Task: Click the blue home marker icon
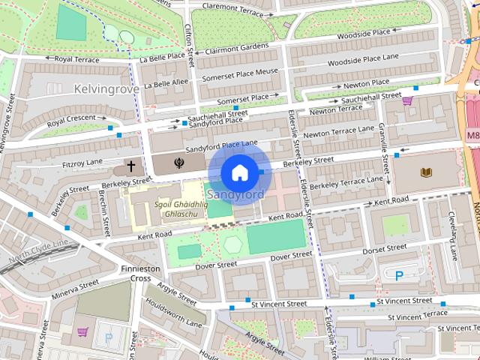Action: pos(238,172)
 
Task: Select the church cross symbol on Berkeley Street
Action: pos(130,165)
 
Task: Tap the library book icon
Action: pos(427,173)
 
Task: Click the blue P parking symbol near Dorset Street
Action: pos(399,276)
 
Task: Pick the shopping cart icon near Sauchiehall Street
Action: pos(407,100)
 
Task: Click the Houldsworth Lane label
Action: pos(173,313)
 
